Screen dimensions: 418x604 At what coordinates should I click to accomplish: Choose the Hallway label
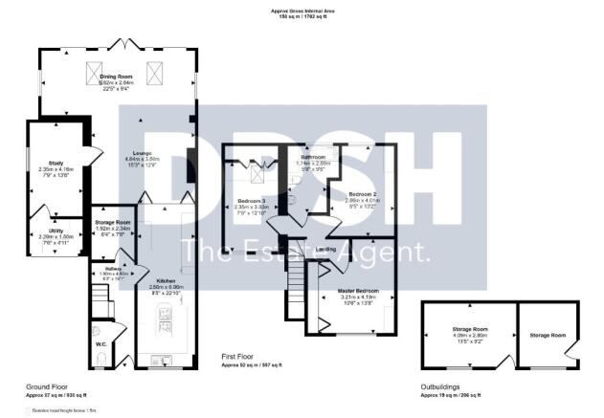click(114, 270)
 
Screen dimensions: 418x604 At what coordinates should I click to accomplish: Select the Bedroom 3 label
click(248, 198)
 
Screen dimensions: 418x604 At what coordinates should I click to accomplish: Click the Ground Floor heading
click(47, 387)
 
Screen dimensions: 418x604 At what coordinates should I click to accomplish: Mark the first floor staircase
click(294, 286)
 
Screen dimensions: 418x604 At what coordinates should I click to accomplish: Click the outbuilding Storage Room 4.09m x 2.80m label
click(469, 330)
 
